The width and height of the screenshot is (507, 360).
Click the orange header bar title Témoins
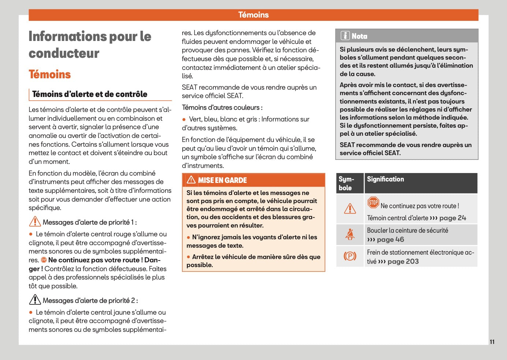click(253, 15)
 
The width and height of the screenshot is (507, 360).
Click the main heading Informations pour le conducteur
click(90, 45)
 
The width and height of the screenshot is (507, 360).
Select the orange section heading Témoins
click(50, 74)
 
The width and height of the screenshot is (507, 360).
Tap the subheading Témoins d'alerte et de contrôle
click(90, 94)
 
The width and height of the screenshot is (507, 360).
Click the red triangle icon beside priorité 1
click(35, 222)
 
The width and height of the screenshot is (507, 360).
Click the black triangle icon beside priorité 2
click(35, 300)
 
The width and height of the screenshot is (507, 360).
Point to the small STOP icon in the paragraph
click(44, 260)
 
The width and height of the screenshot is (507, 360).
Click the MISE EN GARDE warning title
click(222, 180)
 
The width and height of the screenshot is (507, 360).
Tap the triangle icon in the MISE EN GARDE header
click(191, 180)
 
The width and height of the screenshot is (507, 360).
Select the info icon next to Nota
click(345, 36)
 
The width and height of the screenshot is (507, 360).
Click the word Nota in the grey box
click(359, 36)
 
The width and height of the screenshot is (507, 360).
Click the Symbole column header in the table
click(346, 183)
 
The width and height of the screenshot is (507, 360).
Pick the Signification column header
click(385, 179)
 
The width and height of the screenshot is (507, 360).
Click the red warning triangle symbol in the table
click(350, 209)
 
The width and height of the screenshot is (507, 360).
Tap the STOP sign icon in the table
click(373, 202)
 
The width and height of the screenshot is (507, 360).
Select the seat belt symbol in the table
click(350, 234)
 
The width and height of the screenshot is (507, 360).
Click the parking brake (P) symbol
click(350, 256)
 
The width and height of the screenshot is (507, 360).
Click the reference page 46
click(390, 240)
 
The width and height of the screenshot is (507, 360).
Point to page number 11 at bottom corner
click(492, 342)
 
